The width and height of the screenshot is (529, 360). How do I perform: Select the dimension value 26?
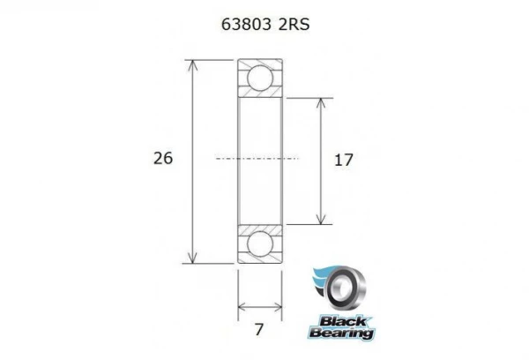pos(162,159)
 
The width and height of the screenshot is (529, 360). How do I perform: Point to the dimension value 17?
pos(345,160)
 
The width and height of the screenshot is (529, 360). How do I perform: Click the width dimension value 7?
pos(258,331)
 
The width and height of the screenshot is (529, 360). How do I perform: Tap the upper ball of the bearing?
pos(259,78)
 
